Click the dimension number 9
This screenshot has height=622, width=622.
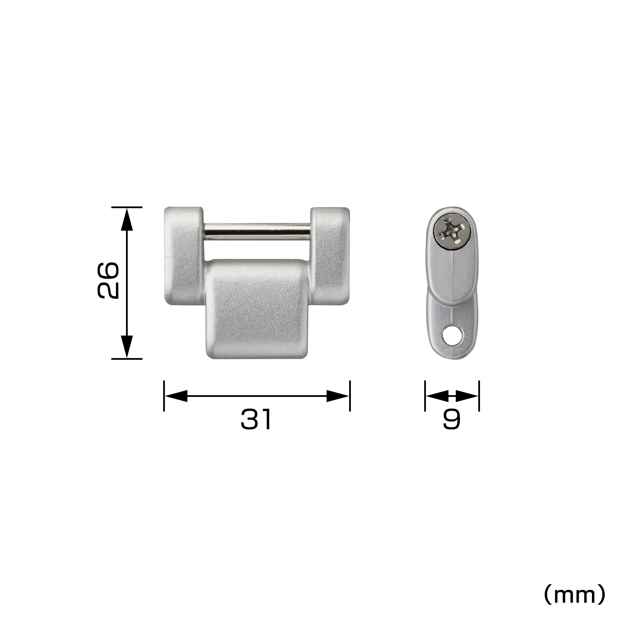(x=452, y=420)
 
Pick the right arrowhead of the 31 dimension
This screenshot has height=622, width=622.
(x=337, y=396)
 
